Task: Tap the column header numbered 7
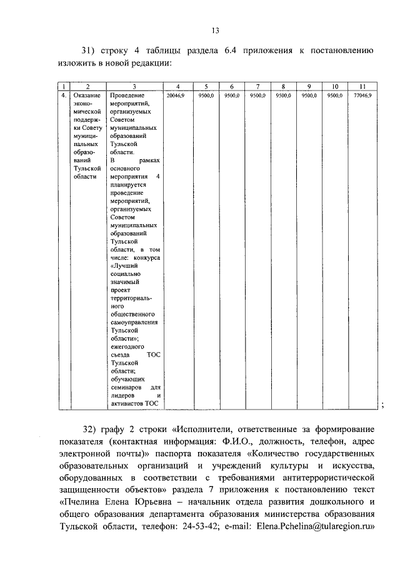click(257, 86)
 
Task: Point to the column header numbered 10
click(336, 86)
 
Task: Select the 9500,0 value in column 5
click(205, 96)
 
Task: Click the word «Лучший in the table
click(121, 265)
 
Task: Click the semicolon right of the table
click(381, 405)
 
